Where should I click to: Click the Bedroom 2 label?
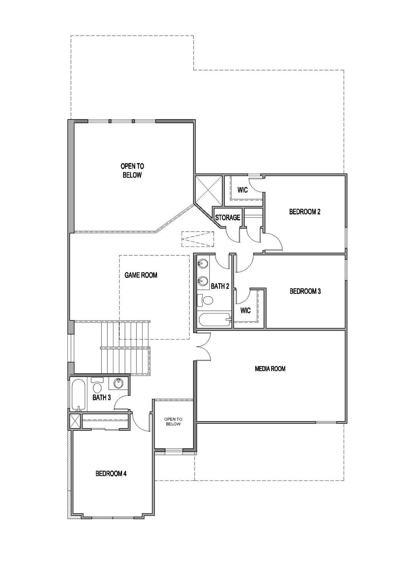tap(305, 212)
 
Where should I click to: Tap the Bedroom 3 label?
tap(305, 291)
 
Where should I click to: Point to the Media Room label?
tap(270, 369)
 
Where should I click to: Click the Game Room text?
tap(141, 275)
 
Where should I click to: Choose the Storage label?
tap(228, 217)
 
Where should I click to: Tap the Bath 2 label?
tap(220, 286)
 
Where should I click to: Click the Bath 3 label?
tap(102, 397)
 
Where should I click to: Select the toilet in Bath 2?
tap(205, 300)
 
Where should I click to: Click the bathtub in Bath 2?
tap(215, 319)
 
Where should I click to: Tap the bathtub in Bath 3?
tap(78, 395)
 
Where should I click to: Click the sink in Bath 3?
tap(118, 383)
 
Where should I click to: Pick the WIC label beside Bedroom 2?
tap(242, 190)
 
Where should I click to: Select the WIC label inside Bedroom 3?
tap(246, 310)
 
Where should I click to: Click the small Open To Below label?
tap(173, 421)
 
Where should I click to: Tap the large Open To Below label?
tap(132, 171)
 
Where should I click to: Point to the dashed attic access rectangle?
tap(198, 239)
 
